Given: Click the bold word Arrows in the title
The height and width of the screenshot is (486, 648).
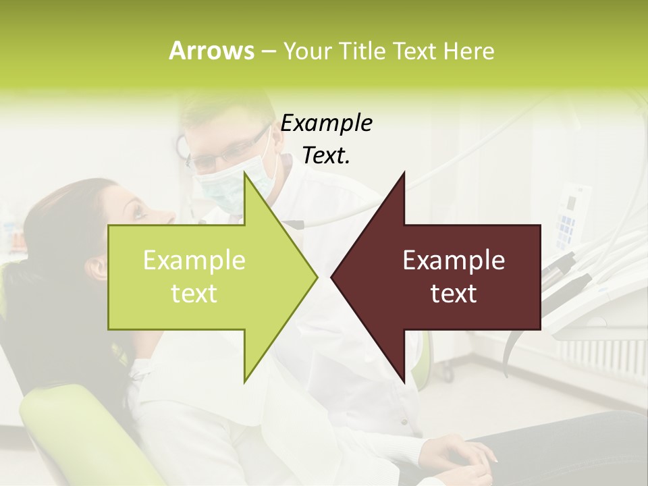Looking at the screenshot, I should tap(211, 51).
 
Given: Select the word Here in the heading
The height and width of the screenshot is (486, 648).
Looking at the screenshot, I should tap(468, 51).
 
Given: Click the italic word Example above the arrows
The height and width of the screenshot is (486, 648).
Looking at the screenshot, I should tap(326, 124).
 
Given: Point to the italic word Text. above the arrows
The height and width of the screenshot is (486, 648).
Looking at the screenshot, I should tap(326, 156).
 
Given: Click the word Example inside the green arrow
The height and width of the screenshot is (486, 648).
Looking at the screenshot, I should tap(194, 261).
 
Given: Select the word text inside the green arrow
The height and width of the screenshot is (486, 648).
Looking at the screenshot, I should tap(194, 294).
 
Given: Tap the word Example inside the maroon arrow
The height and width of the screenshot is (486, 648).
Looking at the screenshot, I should tap(454, 261).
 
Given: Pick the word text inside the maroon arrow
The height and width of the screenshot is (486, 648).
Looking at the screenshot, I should tap(454, 294).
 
